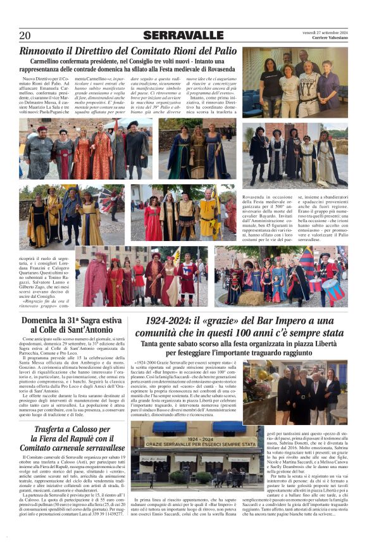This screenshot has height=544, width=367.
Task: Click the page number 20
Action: tap(25, 35)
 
